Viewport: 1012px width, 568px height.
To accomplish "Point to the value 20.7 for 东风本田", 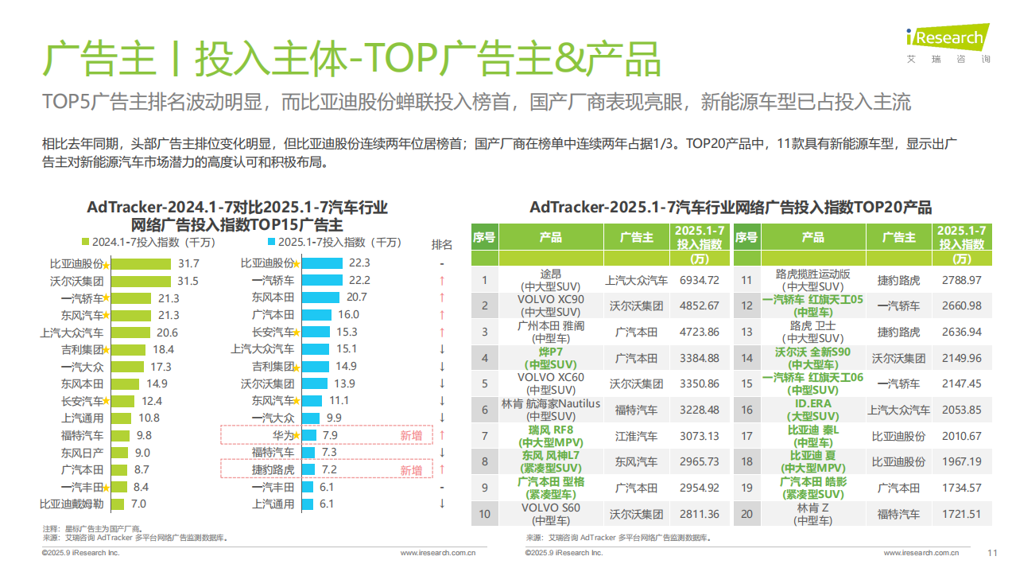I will (x=356, y=297).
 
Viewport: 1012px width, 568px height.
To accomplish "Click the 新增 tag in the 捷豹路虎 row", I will (x=411, y=470).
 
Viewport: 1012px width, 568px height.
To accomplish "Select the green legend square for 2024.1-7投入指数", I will (x=86, y=242).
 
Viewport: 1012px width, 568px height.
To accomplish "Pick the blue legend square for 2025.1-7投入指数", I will (x=272, y=242).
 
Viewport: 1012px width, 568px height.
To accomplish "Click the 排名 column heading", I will (x=442, y=244).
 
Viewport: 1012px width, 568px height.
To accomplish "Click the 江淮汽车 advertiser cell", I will (x=636, y=436).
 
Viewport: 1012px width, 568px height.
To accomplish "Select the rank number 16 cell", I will (x=746, y=410).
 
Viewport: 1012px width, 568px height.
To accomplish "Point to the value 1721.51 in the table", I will (x=961, y=514).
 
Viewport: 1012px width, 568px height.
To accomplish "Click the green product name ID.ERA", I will (x=812, y=404).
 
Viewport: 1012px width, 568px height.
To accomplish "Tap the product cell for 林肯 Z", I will (x=812, y=514).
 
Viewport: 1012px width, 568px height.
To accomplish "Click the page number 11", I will (x=991, y=553).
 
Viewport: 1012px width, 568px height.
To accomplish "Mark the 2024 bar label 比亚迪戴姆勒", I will (x=72, y=504).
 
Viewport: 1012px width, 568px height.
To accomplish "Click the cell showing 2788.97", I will (x=961, y=280).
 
